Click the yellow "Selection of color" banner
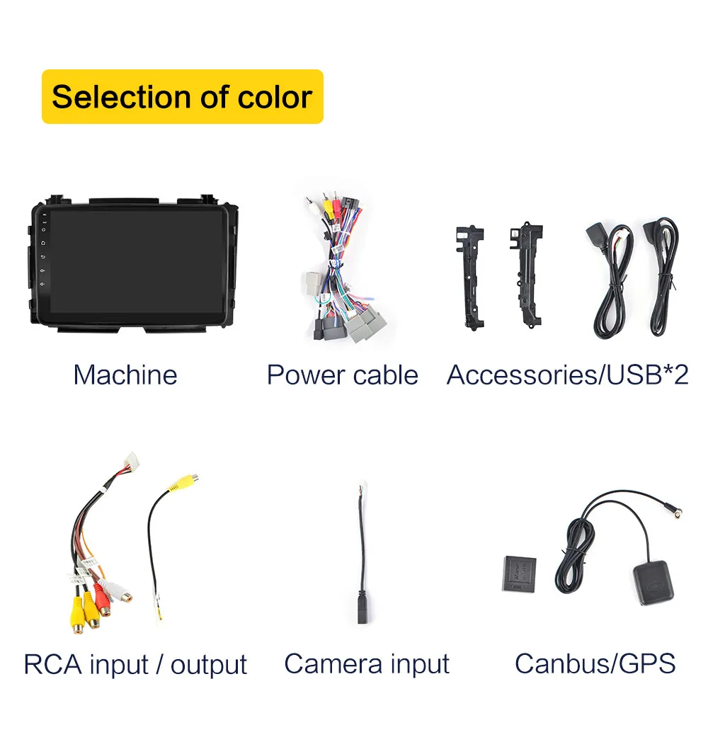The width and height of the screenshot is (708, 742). point(182,97)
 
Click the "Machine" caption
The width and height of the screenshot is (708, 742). point(125,375)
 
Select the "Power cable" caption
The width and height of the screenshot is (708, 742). point(342,375)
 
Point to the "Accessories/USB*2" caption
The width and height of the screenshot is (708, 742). point(567,375)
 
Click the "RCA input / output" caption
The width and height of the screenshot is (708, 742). point(135,664)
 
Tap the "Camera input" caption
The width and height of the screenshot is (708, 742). point(366,663)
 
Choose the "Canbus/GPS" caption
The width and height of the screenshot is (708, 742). point(595,663)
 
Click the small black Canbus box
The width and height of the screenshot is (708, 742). point(519,574)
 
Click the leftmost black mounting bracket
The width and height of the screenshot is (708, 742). point(470,276)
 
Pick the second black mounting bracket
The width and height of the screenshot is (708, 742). point(525,273)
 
